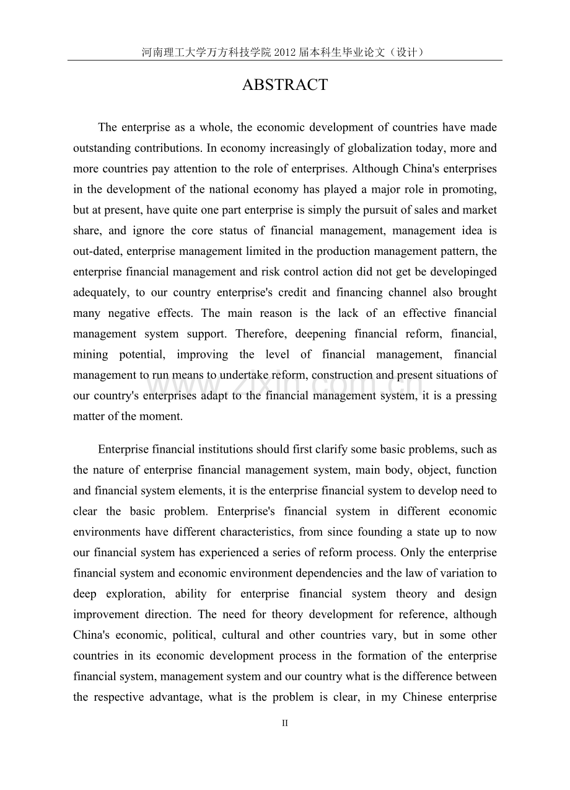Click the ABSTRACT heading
(284, 86)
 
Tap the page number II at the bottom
(285, 723)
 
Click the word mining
(90, 354)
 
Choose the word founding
(372, 531)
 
